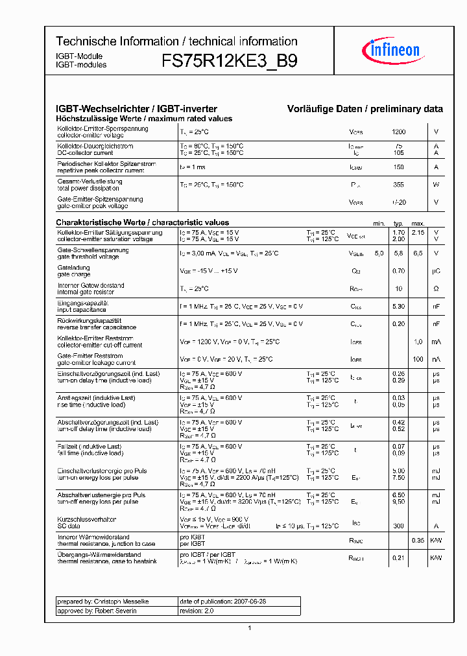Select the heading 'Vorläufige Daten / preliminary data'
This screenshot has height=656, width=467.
[x=365, y=110]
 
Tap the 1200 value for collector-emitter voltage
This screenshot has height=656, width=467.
[x=398, y=132]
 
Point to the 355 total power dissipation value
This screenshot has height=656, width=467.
[x=398, y=185]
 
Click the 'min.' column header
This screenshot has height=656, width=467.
[x=379, y=223]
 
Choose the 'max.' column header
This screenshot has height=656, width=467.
[x=418, y=223]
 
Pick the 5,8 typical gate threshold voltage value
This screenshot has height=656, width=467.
[x=398, y=253]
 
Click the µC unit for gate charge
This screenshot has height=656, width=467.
[x=436, y=271]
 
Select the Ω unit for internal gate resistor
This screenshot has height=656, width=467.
[x=436, y=288]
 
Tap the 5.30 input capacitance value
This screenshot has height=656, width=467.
[x=398, y=306]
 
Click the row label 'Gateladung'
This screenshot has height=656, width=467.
[x=73, y=267]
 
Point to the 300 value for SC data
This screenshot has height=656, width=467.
[x=398, y=526]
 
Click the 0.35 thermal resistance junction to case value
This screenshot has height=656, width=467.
[x=418, y=540]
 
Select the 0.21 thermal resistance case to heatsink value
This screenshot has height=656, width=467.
[x=398, y=557]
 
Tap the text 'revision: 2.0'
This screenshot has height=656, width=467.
[x=196, y=611]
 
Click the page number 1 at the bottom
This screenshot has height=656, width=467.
[x=250, y=628]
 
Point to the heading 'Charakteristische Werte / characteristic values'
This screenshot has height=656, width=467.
[x=142, y=222]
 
